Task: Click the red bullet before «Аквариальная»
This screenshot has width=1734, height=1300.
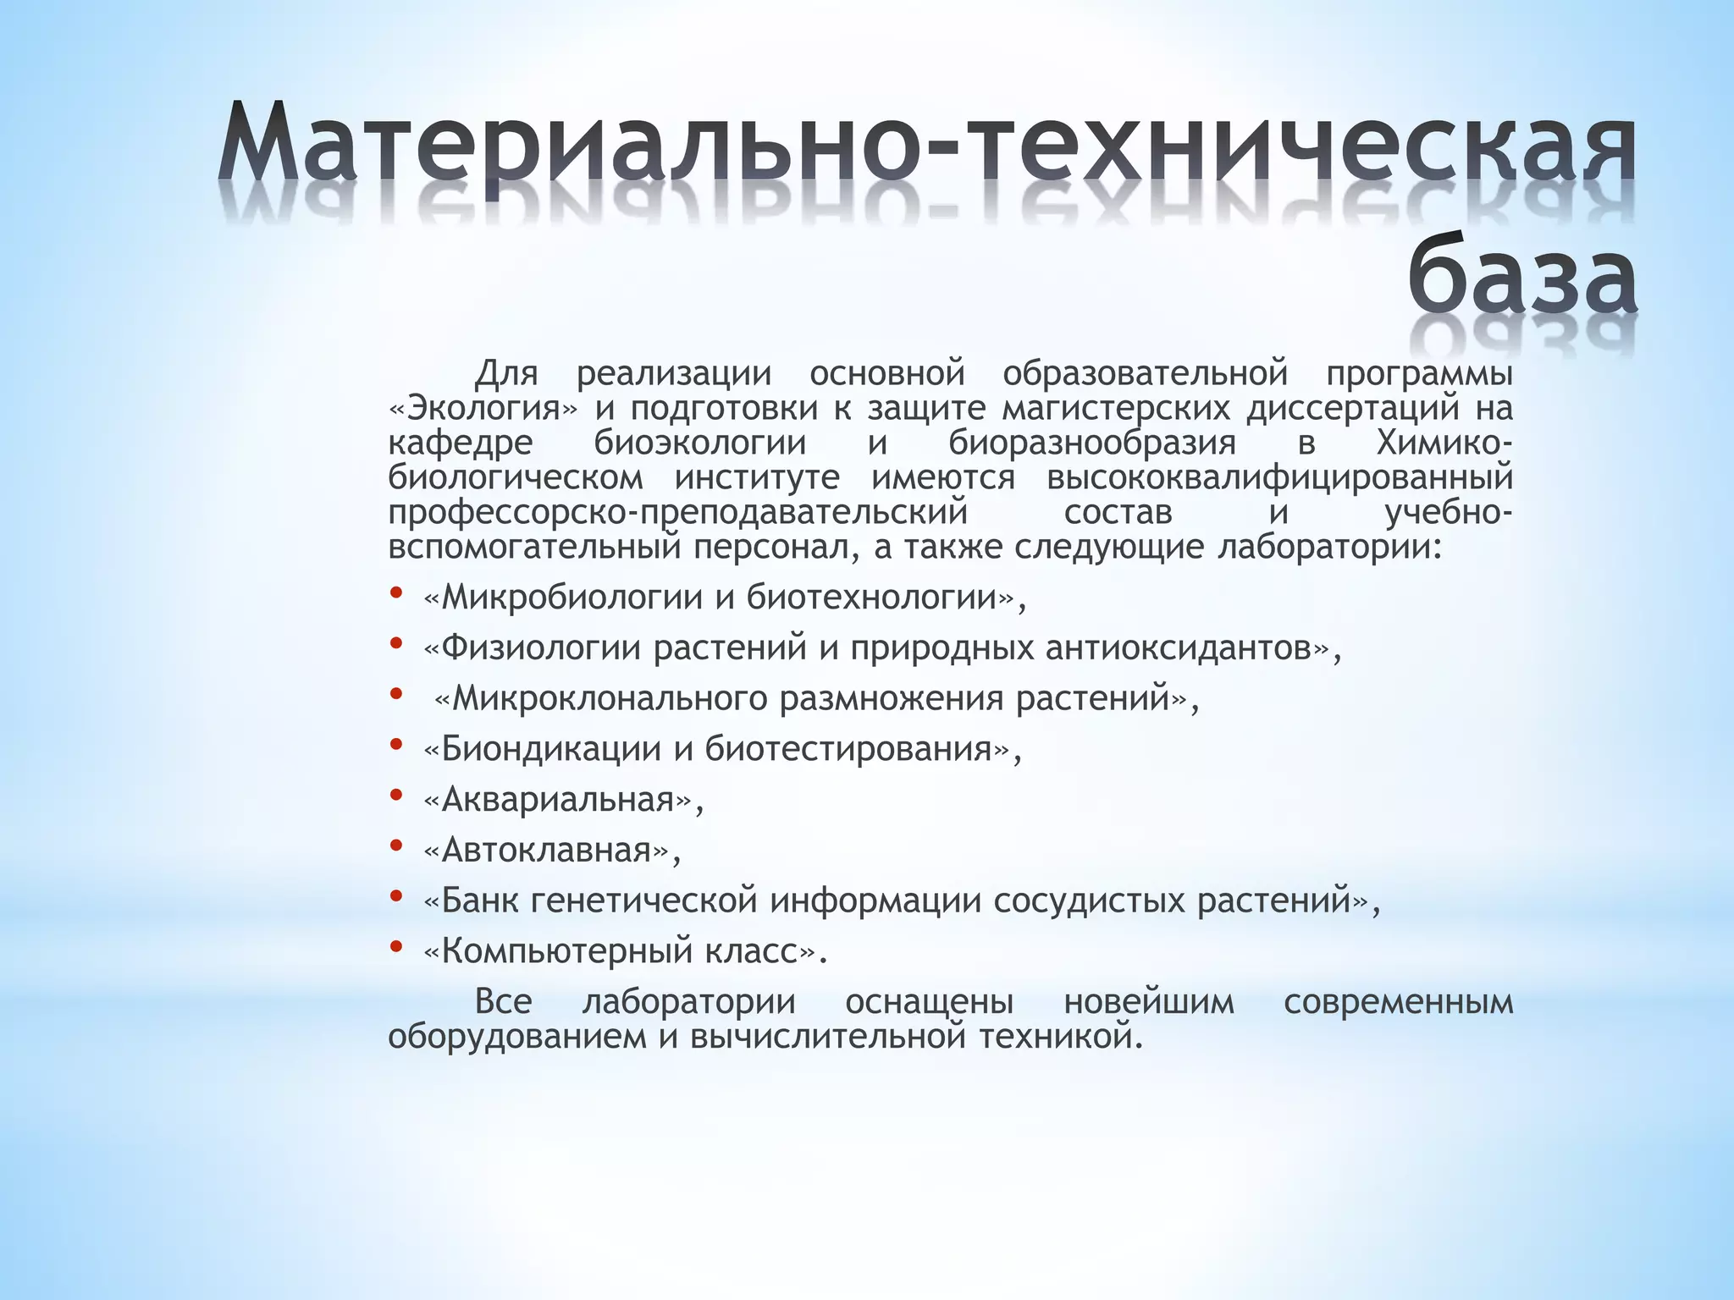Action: (x=395, y=795)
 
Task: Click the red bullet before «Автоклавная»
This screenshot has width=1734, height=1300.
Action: (x=395, y=846)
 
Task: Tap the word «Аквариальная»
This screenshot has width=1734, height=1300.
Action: (x=558, y=800)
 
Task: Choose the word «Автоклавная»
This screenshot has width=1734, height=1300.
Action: (x=546, y=851)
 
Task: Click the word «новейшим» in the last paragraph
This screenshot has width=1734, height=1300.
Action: (x=1148, y=1003)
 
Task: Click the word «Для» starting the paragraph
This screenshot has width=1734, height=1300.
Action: (x=506, y=373)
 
